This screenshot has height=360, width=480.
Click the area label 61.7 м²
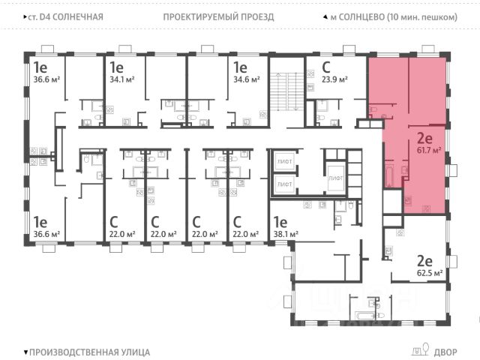[430, 151]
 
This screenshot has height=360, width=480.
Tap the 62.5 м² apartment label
[430, 273]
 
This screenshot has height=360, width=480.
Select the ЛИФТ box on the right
[336, 178]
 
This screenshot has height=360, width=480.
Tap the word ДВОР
[444, 351]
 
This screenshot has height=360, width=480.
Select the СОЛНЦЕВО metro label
[388, 16]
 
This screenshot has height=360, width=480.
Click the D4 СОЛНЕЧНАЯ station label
[67, 16]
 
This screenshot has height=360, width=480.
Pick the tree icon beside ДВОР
[426, 349]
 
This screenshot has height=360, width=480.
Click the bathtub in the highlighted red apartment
[389, 174]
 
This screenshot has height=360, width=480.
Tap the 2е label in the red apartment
[424, 136]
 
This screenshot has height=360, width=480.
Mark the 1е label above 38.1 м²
[280, 221]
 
